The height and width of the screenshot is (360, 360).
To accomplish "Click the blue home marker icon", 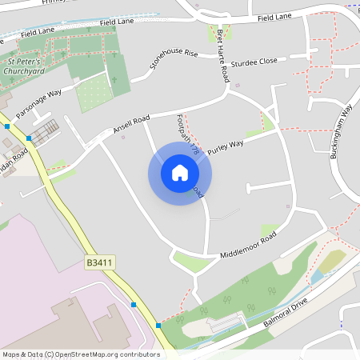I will click(x=180, y=173).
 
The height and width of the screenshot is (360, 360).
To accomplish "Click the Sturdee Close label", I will click(x=254, y=62).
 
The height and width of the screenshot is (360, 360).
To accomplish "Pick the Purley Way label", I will click(x=225, y=147).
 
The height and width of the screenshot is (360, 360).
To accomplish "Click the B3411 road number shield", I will click(x=98, y=262).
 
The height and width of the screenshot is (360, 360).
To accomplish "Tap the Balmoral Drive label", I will click(x=285, y=314).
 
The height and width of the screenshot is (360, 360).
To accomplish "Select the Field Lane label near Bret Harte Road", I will click(x=274, y=18).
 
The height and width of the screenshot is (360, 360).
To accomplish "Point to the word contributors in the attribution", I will click(x=138, y=354).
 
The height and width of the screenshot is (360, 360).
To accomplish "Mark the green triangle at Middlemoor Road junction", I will click(x=192, y=261).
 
